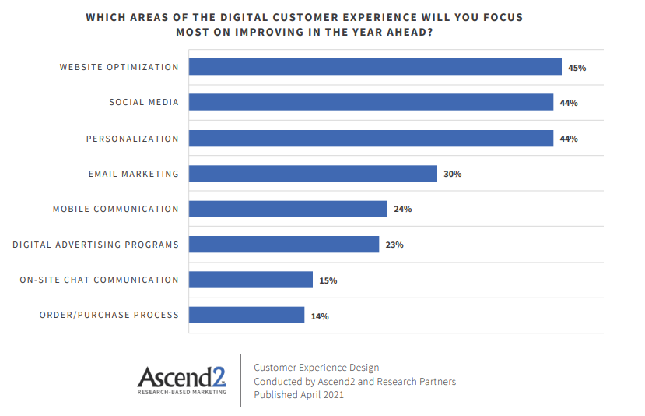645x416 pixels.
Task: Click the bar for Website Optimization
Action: [x=375, y=67]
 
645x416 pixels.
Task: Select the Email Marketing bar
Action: [x=313, y=174]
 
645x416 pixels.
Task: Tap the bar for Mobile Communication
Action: [x=288, y=209]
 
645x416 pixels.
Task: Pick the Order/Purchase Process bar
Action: [x=247, y=315]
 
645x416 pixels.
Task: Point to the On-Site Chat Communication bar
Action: [x=251, y=280]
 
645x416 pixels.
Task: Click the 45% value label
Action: [x=577, y=68]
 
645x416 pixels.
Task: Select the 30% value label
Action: [x=452, y=174]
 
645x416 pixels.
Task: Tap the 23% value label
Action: [x=394, y=245]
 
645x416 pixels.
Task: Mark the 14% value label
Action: [x=320, y=316]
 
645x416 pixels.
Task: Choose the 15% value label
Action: [x=328, y=280]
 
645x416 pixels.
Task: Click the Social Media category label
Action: [x=143, y=103]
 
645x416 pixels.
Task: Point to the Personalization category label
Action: [x=132, y=139]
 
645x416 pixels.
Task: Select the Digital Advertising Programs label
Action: [x=95, y=245]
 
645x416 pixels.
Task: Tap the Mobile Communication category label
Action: [x=115, y=209]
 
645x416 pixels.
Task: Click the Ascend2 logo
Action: [x=181, y=377]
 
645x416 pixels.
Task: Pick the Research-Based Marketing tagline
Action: [x=181, y=392]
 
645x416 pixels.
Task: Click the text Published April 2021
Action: [x=299, y=395]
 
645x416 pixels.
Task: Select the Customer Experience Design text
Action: [x=316, y=368]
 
